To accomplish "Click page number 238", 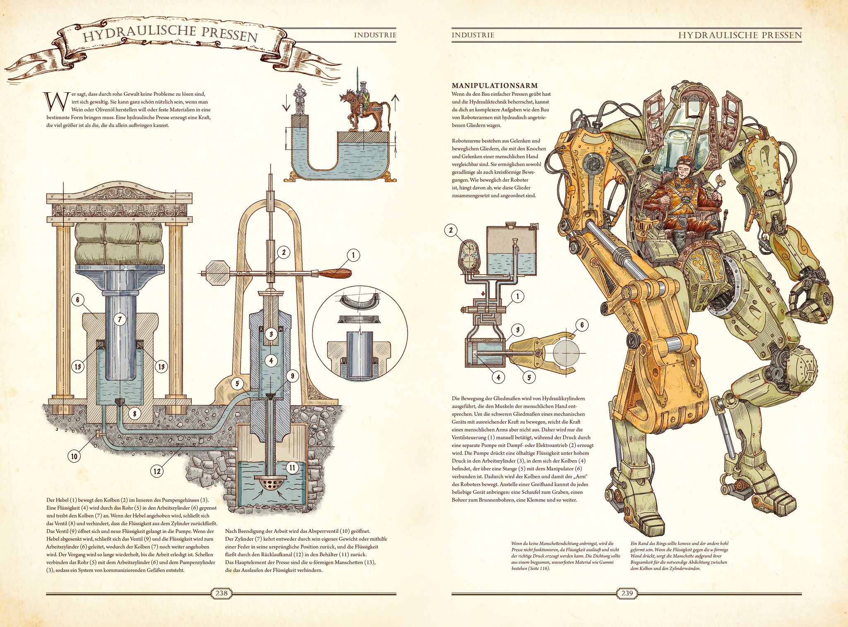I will pyautogui.click(x=222, y=593).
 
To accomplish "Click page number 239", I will pyautogui.click(x=627, y=593).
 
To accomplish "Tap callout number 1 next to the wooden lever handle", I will pyautogui.click(x=353, y=255).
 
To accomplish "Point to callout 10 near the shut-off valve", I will pyautogui.click(x=74, y=456).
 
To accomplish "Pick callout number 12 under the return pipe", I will pyautogui.click(x=157, y=471).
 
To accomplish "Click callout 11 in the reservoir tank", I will pyautogui.click(x=292, y=468).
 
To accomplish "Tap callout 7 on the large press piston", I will pyautogui.click(x=120, y=319).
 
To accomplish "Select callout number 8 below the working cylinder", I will pyautogui.click(x=135, y=413).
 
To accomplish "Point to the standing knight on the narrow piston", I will pyautogui.click(x=299, y=99).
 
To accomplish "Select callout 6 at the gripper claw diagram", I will pyautogui.click(x=582, y=325).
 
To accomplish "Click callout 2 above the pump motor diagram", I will pyautogui.click(x=451, y=230).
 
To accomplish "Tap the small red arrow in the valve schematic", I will pyautogui.click(x=483, y=294).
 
